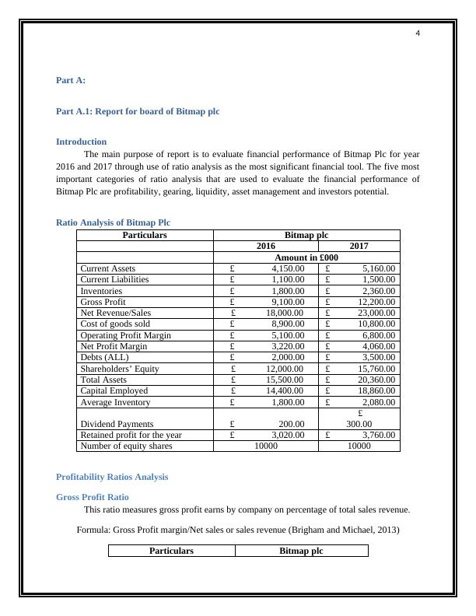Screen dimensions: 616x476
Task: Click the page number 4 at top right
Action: [418, 33]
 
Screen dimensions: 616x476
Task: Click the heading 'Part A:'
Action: [71, 80]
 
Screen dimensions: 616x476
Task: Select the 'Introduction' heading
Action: [82, 142]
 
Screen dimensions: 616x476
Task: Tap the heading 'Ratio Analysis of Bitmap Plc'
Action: [113, 222]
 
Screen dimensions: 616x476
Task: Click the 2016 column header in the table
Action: [266, 246]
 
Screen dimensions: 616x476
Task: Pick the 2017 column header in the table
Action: [359, 246]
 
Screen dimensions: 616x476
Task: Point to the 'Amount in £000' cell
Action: [306, 257]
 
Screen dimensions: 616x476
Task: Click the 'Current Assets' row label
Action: [108, 268]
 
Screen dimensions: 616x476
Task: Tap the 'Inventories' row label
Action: [102, 291]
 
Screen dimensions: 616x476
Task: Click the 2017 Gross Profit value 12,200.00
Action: [376, 302]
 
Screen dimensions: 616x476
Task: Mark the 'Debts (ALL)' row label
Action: [105, 357]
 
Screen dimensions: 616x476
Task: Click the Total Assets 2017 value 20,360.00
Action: [376, 380]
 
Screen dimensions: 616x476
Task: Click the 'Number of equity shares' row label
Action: [126, 446]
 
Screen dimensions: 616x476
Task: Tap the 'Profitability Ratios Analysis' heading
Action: [112, 477]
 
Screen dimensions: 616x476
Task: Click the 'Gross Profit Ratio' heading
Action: [93, 496]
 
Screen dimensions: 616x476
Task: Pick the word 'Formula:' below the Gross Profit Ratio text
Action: [93, 530]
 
